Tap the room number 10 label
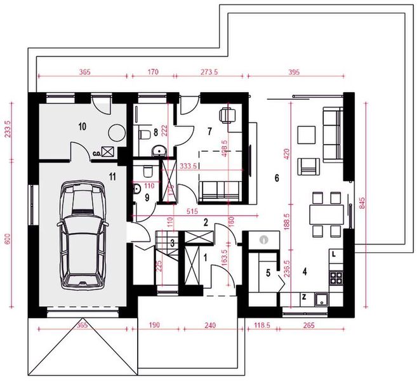[x=82, y=126]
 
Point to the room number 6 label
[x=276, y=178]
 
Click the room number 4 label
[x=305, y=272]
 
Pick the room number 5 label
[x=267, y=272]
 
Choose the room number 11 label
[x=112, y=176]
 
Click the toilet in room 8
[x=143, y=134]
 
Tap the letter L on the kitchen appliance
[x=333, y=254]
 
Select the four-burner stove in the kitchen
[x=335, y=278]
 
